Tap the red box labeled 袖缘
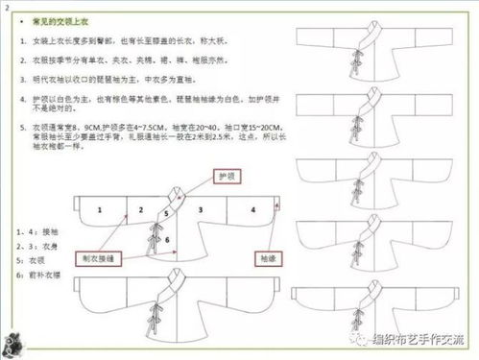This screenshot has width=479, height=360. (265, 258)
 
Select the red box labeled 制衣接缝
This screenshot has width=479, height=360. (102, 259)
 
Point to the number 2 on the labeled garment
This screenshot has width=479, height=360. (140, 208)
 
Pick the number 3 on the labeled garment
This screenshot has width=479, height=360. (199, 208)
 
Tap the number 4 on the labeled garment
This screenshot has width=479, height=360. (252, 208)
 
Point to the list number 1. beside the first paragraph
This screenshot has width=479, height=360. (22, 45)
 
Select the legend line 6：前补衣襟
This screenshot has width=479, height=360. (41, 276)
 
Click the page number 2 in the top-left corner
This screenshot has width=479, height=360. (7, 7)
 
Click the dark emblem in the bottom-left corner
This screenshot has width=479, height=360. (17, 339)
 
